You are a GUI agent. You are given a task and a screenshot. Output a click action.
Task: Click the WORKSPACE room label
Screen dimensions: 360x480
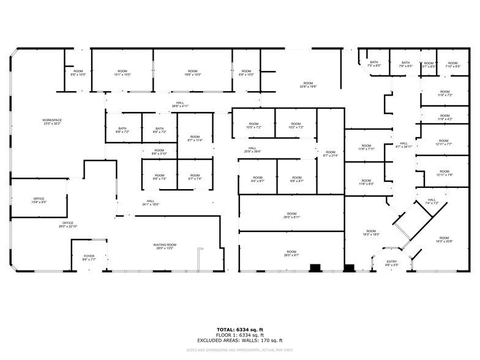(x=52, y=121)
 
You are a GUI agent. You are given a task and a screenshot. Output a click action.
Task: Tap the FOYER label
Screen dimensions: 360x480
(x=89, y=258)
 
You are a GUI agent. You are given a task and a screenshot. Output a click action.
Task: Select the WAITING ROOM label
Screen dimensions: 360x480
(x=164, y=246)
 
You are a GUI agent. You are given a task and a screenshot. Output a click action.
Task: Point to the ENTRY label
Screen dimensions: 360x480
(x=392, y=263)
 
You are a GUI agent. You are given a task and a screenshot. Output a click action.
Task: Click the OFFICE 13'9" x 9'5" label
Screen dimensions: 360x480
(x=39, y=200)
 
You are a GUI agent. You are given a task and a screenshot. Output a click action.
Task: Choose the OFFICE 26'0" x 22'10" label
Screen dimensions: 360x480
(x=67, y=224)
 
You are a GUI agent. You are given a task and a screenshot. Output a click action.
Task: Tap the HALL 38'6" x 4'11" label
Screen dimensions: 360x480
(x=179, y=105)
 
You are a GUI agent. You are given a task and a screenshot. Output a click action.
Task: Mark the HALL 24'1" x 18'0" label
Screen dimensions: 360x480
(x=151, y=203)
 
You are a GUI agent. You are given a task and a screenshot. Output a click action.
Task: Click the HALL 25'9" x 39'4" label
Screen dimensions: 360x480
(x=252, y=150)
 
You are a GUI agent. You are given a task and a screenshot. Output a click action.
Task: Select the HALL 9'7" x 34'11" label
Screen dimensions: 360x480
(x=403, y=145)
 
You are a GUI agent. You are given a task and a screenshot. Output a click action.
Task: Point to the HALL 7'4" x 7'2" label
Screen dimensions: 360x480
(x=432, y=201)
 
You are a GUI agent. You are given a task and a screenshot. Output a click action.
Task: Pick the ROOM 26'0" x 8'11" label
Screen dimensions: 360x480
(x=291, y=215)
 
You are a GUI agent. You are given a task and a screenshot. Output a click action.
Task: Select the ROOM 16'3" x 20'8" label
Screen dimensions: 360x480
(x=444, y=239)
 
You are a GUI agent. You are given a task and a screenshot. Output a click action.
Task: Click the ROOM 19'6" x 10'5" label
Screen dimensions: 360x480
(x=193, y=73)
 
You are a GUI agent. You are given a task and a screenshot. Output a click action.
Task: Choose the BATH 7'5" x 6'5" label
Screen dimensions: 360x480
(x=373, y=64)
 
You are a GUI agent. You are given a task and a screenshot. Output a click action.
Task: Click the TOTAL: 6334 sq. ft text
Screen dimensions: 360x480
(x=240, y=329)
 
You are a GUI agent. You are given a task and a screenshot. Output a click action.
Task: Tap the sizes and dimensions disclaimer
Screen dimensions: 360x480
(x=240, y=350)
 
